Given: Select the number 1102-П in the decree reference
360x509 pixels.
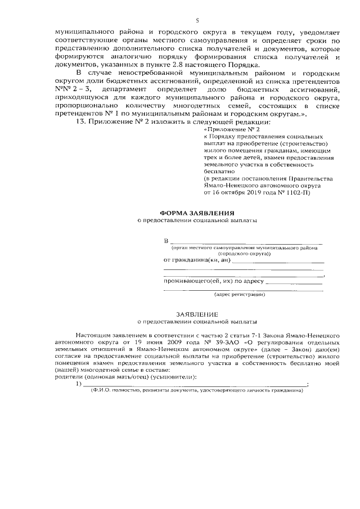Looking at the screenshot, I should [293, 192].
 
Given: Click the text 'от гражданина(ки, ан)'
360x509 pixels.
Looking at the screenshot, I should [197, 260].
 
